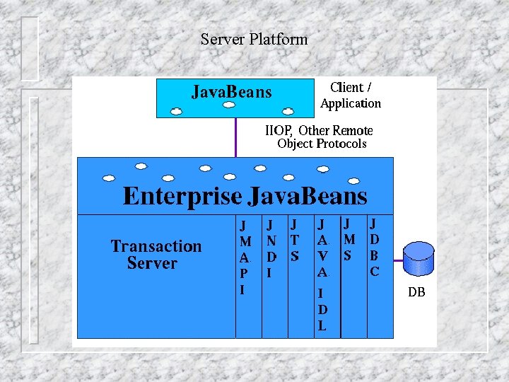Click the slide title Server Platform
click(254, 39)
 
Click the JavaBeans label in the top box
click(232, 92)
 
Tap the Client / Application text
click(351, 95)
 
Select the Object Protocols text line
click(322, 144)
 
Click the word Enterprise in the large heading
click(181, 195)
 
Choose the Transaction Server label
click(156, 255)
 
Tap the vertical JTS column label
click(295, 240)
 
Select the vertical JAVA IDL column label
click(322, 274)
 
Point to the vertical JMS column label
click(349, 239)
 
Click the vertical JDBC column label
click(375, 247)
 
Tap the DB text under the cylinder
click(416, 291)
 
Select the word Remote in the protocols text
click(352, 130)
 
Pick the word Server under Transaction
click(152, 263)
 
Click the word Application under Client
click(351, 103)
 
